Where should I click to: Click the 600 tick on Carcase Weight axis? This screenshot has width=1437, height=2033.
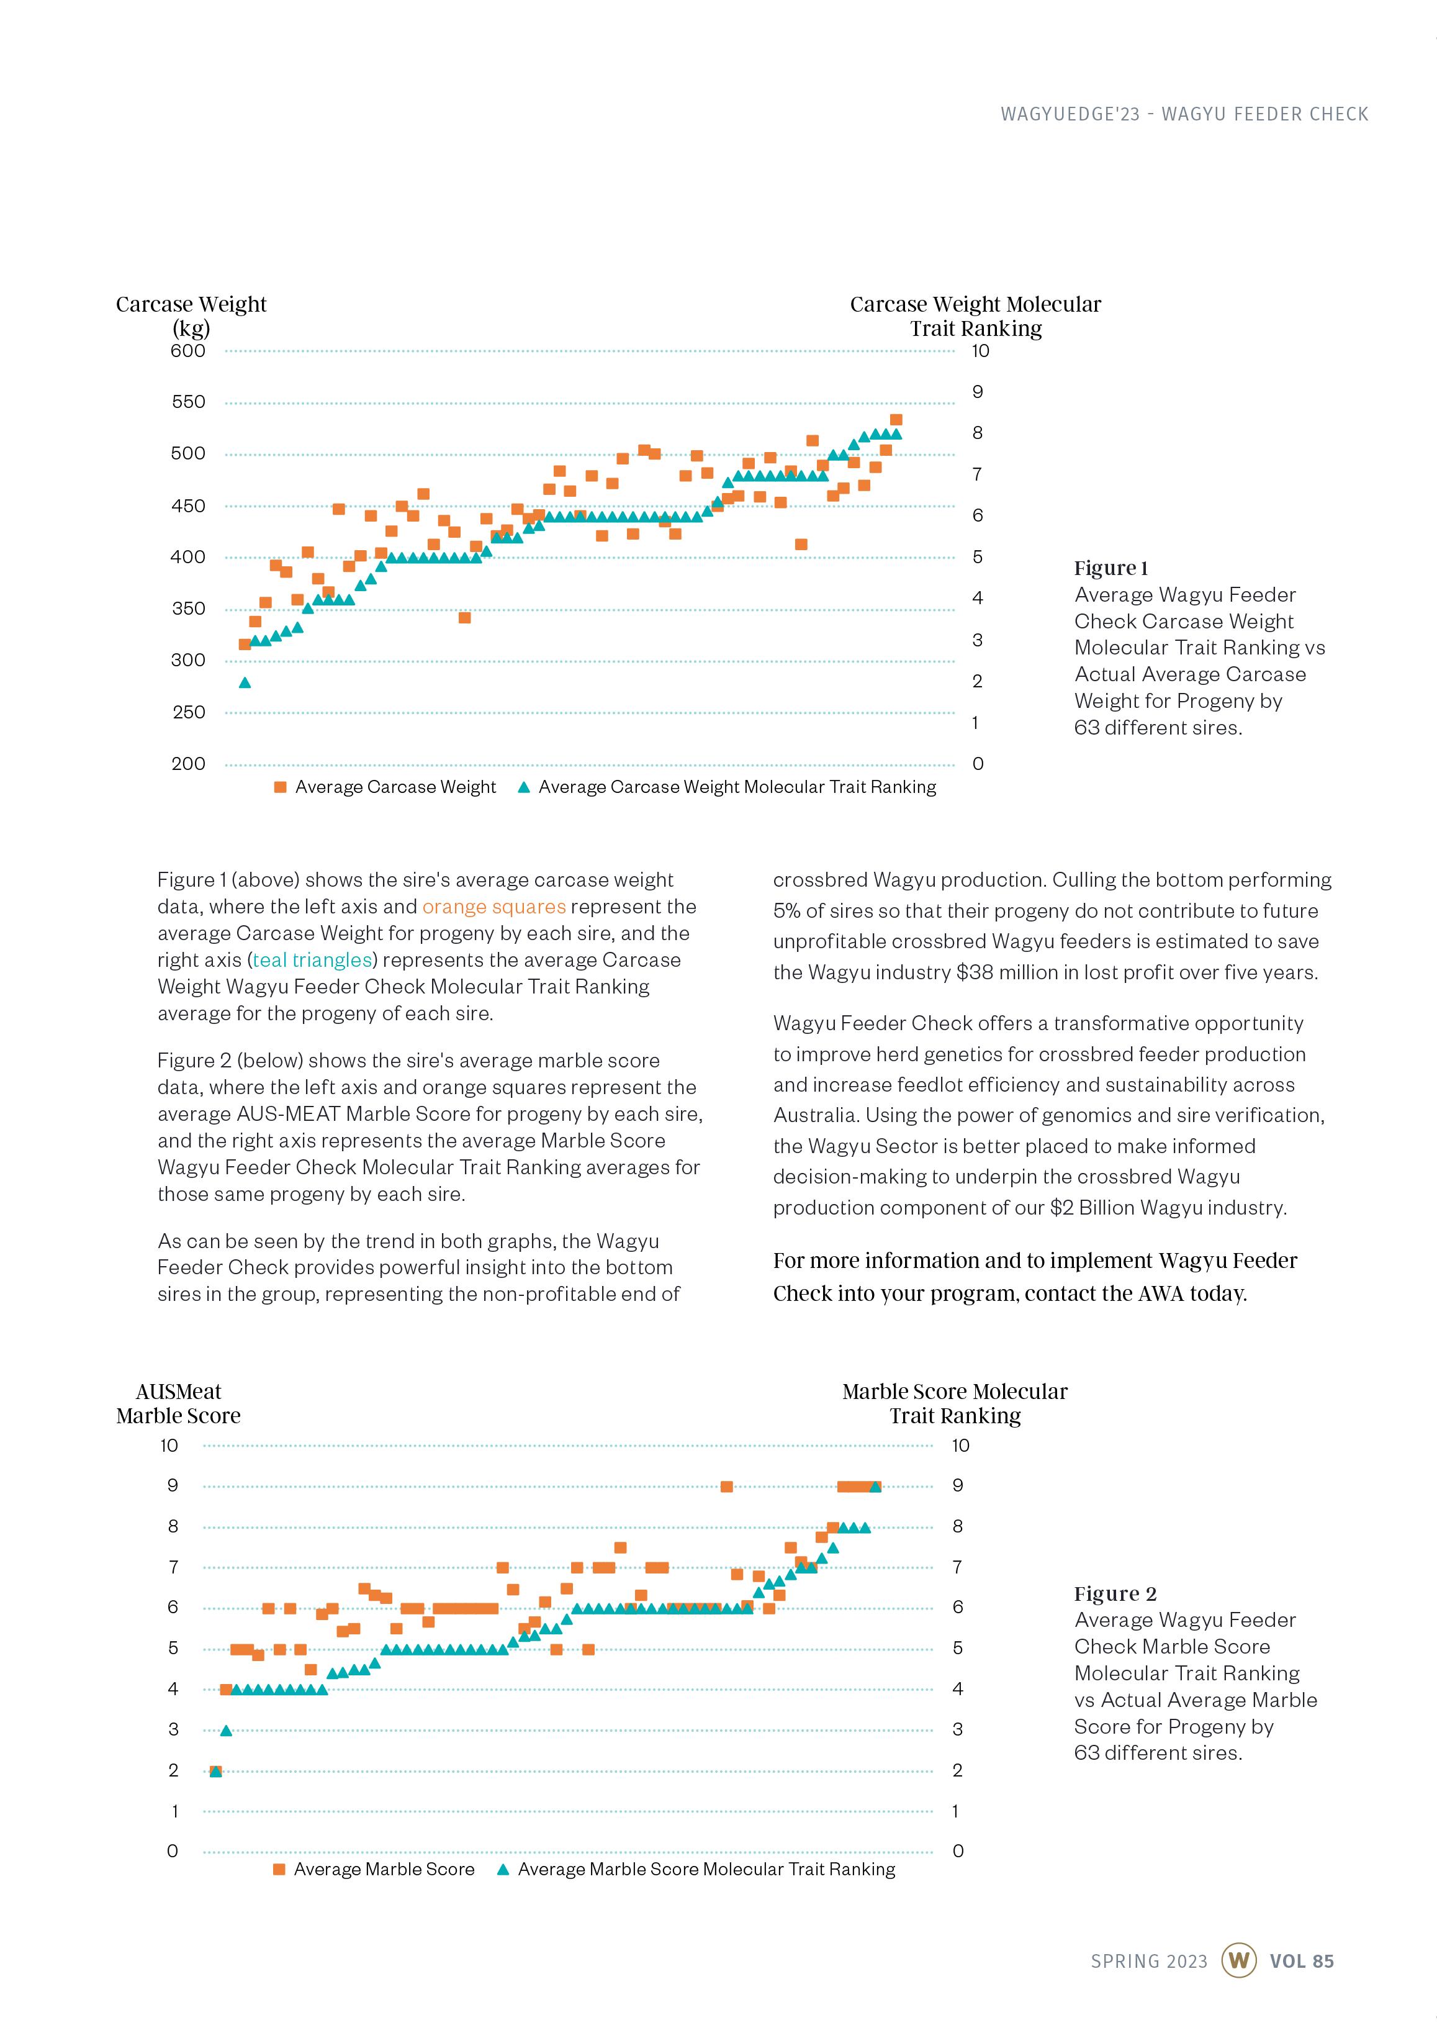tap(187, 351)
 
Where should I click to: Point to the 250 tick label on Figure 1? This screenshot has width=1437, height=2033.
tap(187, 712)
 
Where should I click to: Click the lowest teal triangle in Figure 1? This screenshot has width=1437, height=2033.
tap(245, 682)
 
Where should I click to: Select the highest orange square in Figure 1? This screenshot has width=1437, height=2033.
tap(896, 420)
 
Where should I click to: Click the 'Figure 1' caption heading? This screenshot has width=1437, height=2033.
tap(1110, 568)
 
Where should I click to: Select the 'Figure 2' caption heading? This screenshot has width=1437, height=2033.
tap(1115, 1594)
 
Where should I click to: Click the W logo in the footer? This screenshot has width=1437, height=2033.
tap(1238, 1960)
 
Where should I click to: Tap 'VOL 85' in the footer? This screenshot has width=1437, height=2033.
tap(1302, 1961)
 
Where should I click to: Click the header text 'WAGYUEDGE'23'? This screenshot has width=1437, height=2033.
tap(1070, 114)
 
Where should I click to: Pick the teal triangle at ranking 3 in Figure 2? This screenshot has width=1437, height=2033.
tap(226, 1730)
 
